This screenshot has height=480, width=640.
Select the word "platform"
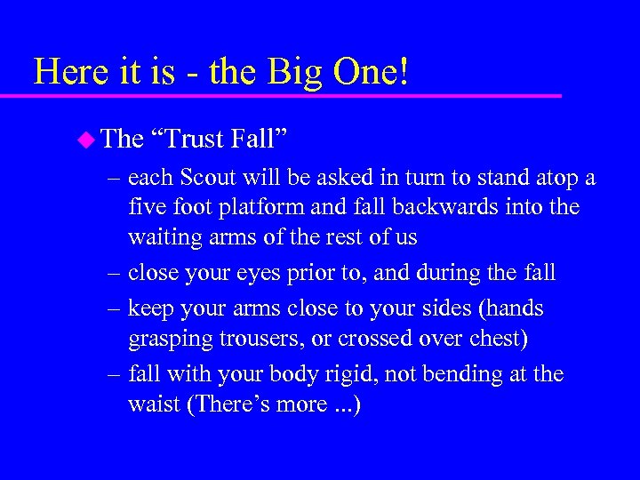(x=268, y=208)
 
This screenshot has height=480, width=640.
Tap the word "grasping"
(x=172, y=340)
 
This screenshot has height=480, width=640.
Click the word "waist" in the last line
(x=154, y=404)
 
